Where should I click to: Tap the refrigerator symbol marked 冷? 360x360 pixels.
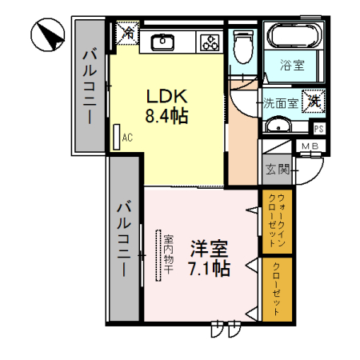[x=128, y=33]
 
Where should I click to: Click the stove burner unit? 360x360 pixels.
[x=210, y=41]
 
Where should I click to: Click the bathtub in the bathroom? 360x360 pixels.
[x=293, y=37]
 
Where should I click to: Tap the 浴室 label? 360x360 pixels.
[x=292, y=66]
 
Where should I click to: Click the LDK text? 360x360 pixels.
[x=166, y=95]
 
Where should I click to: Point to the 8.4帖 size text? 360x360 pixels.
[x=166, y=116]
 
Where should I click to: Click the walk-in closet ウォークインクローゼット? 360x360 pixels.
[x=274, y=222]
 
